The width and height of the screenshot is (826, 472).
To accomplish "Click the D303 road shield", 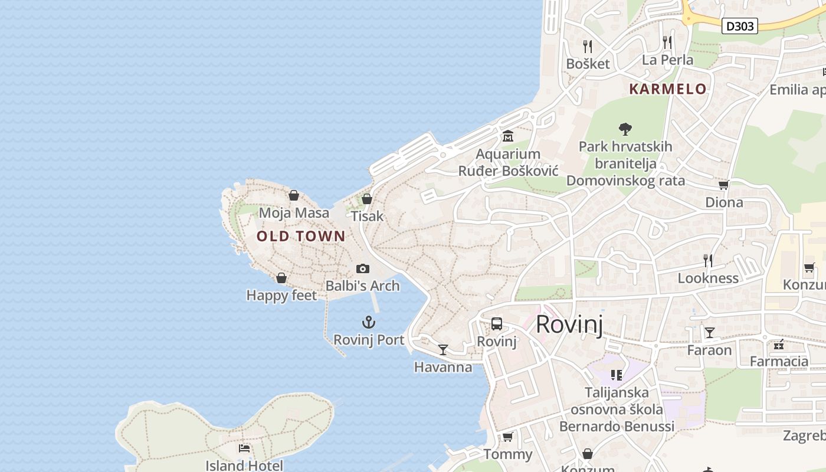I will coord(740,26).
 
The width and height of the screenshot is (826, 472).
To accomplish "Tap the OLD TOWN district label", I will coord(301,237).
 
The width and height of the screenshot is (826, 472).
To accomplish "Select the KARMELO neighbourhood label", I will coord(667,89).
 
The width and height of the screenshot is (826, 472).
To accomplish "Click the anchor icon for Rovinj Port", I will coord(369,322).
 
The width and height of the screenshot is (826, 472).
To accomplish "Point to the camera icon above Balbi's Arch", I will coord(363,269).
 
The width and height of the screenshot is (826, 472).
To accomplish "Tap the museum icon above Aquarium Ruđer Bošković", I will coord(507,137).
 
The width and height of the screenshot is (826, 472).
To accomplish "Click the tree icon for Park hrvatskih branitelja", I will coord(625,129).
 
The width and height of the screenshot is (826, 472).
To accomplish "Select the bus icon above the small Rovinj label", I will coord(497,324).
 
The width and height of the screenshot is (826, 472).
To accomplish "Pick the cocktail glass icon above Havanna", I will coord(442,350).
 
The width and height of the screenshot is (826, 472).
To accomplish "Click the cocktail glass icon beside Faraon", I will coord(709,333).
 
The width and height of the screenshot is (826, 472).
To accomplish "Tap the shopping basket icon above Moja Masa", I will coord(294,195).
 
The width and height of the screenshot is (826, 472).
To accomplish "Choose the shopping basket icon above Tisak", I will coord(367,199).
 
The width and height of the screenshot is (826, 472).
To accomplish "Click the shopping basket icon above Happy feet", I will coord(281,278).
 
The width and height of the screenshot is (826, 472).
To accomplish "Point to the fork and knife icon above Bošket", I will coord(587,46).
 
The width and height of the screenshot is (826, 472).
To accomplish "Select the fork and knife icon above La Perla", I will coord(667,42).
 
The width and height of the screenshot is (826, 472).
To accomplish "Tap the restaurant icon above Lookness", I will coord(708,260).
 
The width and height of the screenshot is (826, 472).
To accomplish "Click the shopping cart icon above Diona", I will coord(723,185).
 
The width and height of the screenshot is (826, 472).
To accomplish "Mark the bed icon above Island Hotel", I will coord(244,448).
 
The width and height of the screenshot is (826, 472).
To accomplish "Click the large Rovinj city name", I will coord(569,324).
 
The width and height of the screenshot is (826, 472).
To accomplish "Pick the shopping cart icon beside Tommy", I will coord(507,437).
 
